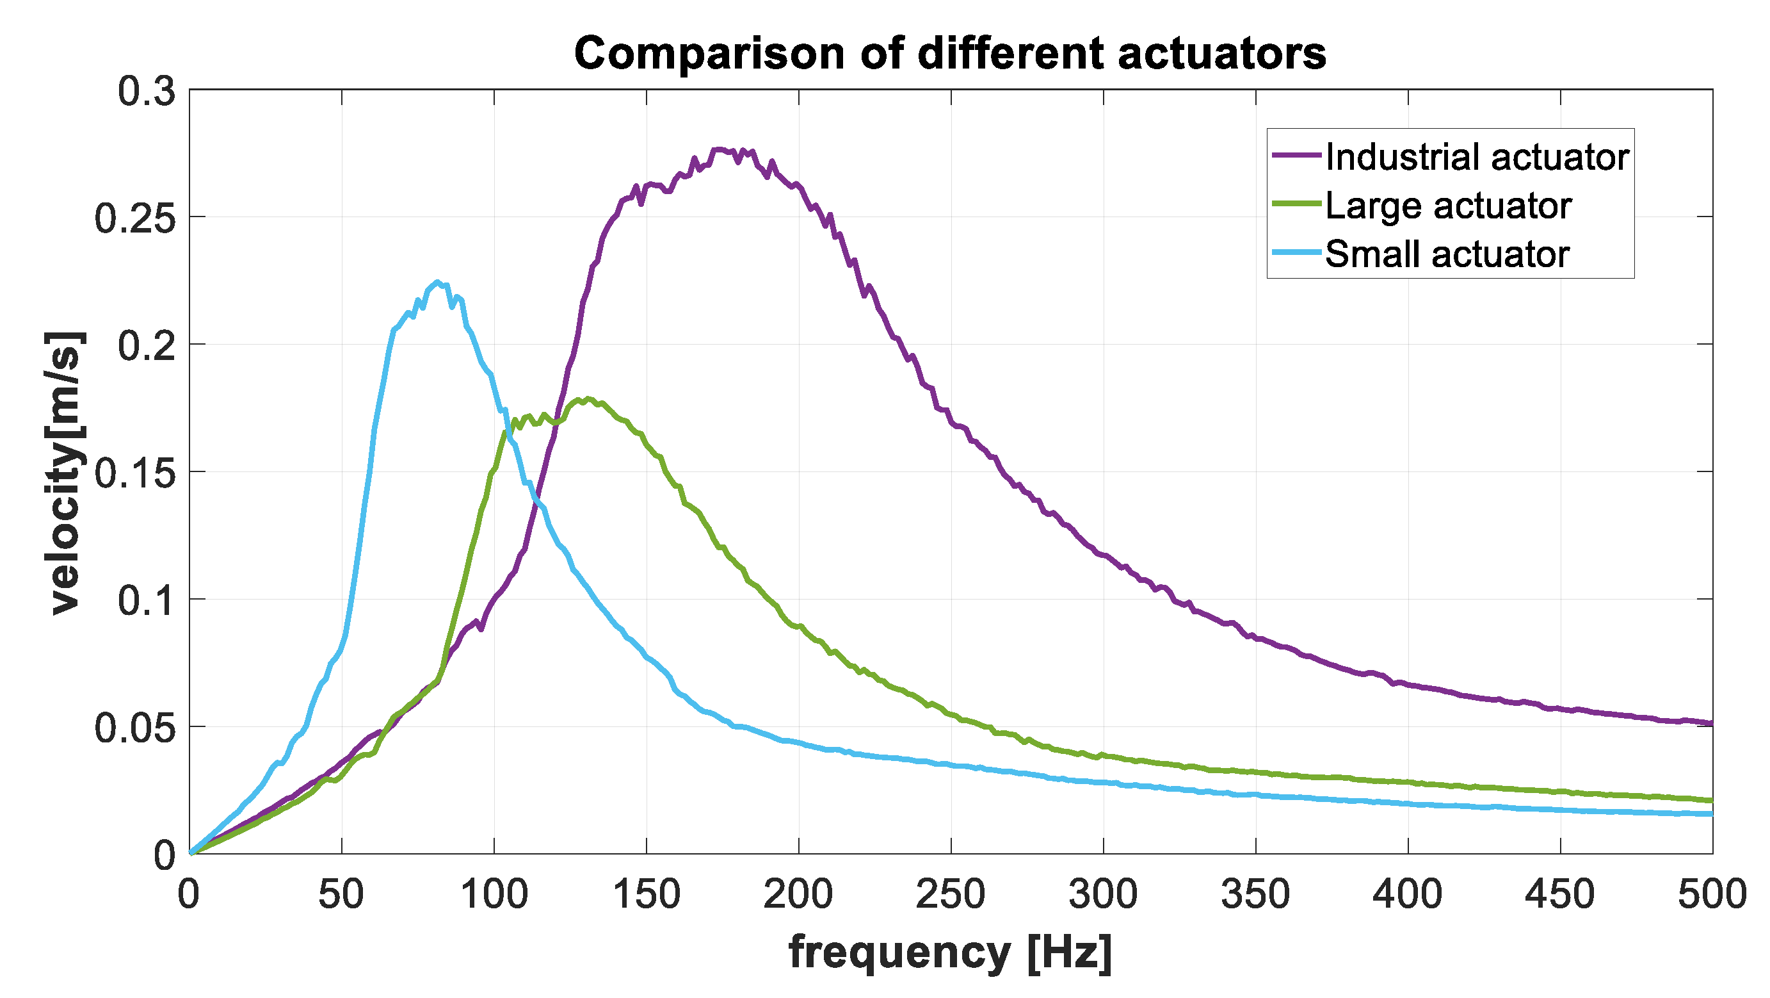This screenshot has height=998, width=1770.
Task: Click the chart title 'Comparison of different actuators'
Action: (950, 54)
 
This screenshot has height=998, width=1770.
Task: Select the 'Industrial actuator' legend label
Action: (1477, 157)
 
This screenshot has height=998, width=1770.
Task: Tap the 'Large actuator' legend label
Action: (1448, 206)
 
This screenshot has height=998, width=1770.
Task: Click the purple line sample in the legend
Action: (1296, 156)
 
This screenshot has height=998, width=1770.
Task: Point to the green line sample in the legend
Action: (1296, 204)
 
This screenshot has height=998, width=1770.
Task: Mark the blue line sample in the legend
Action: (1296, 253)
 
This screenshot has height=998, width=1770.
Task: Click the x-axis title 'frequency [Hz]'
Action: (950, 953)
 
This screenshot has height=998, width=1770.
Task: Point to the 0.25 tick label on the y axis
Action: (134, 218)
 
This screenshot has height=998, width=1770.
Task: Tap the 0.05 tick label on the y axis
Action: (134, 728)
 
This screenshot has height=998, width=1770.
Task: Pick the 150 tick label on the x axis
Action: (646, 895)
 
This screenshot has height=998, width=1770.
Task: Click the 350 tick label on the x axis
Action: (1255, 895)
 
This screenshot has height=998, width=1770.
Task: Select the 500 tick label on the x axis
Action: (1711, 895)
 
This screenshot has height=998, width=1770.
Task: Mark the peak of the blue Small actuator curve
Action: (437, 282)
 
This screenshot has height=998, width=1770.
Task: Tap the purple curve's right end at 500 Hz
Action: (1711, 723)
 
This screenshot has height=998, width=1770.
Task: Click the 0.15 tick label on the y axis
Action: (134, 473)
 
